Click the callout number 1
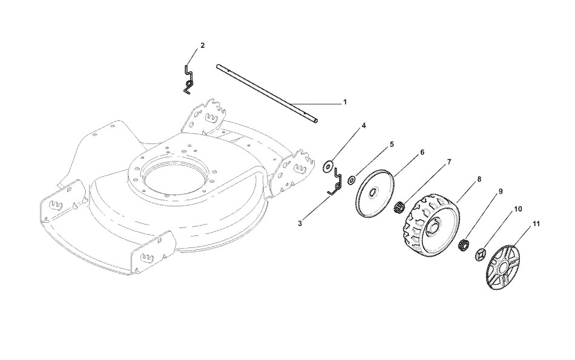(345, 102)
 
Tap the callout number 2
(202, 45)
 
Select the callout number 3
(300, 223)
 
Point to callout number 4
(364, 126)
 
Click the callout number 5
(392, 145)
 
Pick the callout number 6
(422, 152)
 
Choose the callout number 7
(449, 162)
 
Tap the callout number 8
(479, 179)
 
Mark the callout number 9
(501, 191)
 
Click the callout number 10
(518, 209)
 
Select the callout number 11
(536, 224)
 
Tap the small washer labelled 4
(328, 164)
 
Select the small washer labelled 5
(352, 180)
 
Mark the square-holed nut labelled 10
(481, 255)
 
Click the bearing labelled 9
(464, 245)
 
